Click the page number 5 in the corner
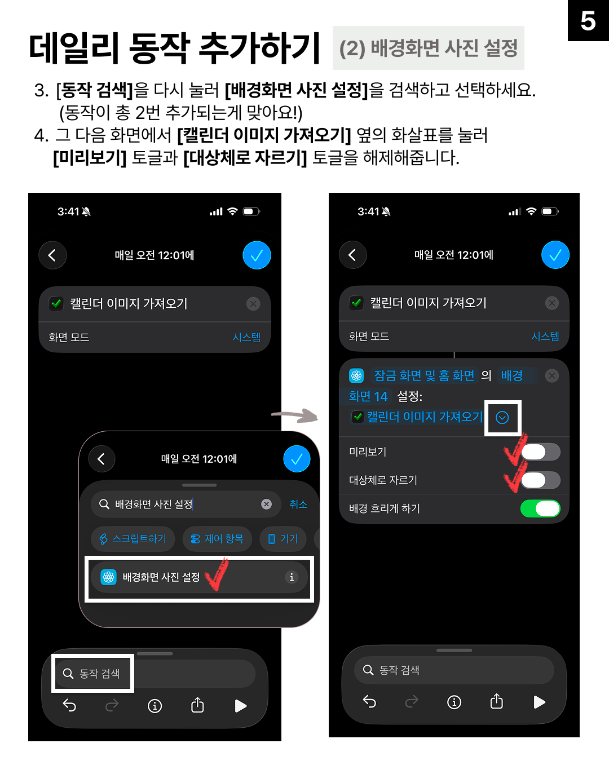pos(588,21)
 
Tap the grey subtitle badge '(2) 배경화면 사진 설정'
pos(428,48)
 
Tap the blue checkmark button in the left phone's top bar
pos(257,255)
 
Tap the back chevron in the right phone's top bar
pos(352,255)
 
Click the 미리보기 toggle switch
pos(540,452)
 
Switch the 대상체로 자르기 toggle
pos(540,480)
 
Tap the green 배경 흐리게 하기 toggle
pos(540,508)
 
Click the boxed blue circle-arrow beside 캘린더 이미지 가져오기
pos(502,417)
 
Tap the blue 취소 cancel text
pos(298,504)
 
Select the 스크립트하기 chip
pos(133,539)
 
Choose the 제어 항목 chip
pos(217,539)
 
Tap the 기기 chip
pos(283,539)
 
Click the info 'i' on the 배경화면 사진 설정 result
pos(292,577)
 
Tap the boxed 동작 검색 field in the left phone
pos(93,673)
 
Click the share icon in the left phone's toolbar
pos(197,705)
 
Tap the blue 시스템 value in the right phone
pos(545,336)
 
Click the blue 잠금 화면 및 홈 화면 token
pos(424,375)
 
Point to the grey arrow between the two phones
pos(295,416)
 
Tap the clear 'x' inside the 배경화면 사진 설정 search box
pos(267,504)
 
